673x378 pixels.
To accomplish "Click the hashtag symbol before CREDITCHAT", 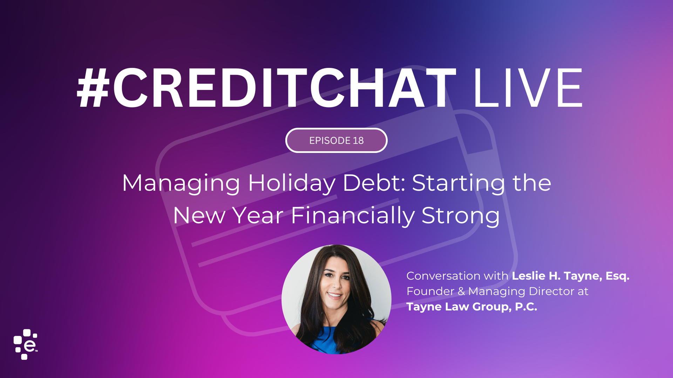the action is click(x=93, y=88).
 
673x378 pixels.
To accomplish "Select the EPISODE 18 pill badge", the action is click(x=336, y=140).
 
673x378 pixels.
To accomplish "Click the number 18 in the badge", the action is click(x=358, y=140).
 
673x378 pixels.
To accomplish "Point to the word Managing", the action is click(x=181, y=184).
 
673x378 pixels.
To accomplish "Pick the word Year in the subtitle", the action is click(x=258, y=215).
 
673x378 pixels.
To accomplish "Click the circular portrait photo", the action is click(x=336, y=299).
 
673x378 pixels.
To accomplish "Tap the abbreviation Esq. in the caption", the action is click(x=618, y=276).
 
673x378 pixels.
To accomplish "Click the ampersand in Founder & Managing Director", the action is click(x=461, y=291).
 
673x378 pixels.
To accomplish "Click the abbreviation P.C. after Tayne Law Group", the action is click(x=526, y=307).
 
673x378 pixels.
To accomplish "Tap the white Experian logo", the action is click(x=26, y=344).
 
